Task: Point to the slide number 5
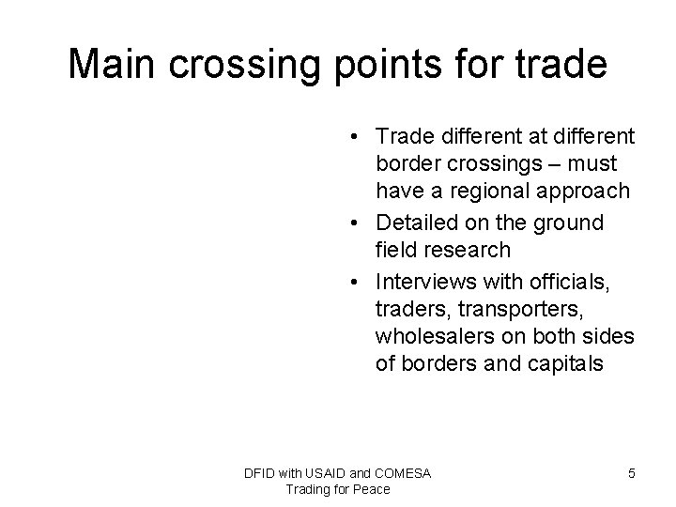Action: point(631,473)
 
